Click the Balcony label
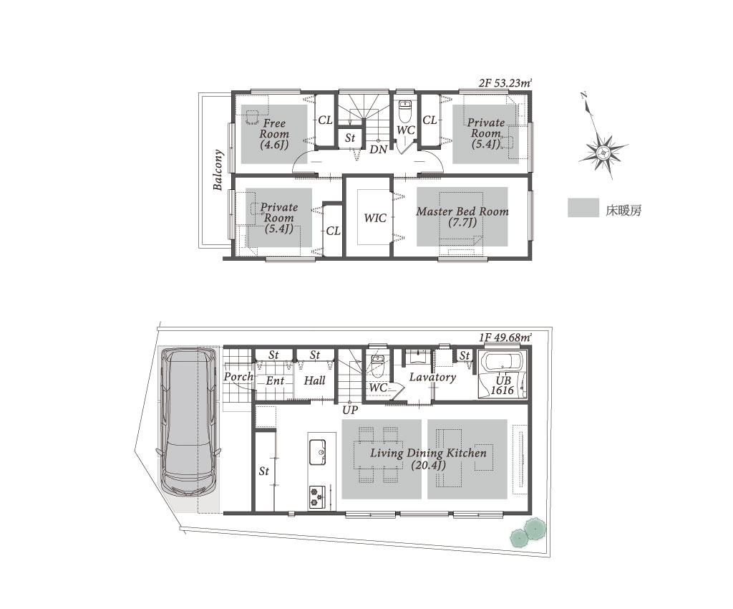(218, 170)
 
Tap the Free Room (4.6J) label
(274, 134)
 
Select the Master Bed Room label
(462, 211)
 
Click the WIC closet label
(375, 218)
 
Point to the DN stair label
(378, 150)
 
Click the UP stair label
(350, 411)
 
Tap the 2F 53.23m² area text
(505, 84)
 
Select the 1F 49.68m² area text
(505, 337)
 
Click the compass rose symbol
(603, 153)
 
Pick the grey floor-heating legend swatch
(583, 208)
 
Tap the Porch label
(238, 377)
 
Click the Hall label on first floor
(315, 380)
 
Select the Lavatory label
(432, 377)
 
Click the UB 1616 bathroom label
(503, 385)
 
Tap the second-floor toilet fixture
(405, 111)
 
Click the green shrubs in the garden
(528, 533)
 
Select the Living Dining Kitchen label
(428, 459)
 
